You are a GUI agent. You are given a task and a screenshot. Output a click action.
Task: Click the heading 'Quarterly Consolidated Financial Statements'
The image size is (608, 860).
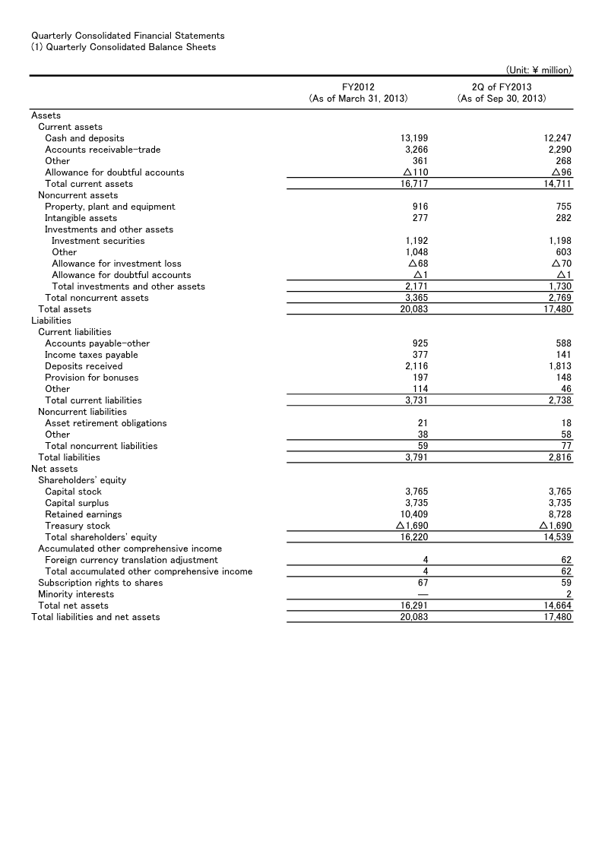pyautogui.click(x=128, y=36)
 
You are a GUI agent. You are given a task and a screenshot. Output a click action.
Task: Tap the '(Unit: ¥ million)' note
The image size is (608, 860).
pyautogui.click(x=538, y=70)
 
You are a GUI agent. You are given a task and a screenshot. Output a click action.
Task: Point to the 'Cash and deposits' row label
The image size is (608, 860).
pyautogui.click(x=84, y=138)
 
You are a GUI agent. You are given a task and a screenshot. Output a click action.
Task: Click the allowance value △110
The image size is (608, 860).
pyautogui.click(x=413, y=172)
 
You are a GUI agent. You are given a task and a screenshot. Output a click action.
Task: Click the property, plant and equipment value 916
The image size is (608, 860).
pyautogui.click(x=420, y=207)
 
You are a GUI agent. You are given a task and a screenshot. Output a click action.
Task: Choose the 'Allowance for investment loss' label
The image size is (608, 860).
pyautogui.click(x=116, y=264)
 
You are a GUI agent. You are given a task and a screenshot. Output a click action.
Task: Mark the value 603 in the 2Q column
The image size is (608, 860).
pyautogui.click(x=563, y=252)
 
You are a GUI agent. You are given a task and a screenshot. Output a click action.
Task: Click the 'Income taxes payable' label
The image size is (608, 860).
pyautogui.click(x=91, y=355)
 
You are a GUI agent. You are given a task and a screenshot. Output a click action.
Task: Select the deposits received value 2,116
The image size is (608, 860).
pyautogui.click(x=416, y=366)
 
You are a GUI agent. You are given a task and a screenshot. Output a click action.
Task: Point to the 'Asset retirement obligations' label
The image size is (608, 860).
pyautogui.click(x=106, y=423)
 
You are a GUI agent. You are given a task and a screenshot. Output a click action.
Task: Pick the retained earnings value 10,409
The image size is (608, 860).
pyautogui.click(x=413, y=514)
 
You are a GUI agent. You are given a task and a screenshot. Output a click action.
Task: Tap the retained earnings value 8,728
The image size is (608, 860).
pyautogui.click(x=559, y=514)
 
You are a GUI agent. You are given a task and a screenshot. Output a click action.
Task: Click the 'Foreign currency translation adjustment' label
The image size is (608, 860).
pyautogui.click(x=131, y=560)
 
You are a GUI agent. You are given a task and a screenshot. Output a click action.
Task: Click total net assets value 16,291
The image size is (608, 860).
pyautogui.click(x=413, y=605)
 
